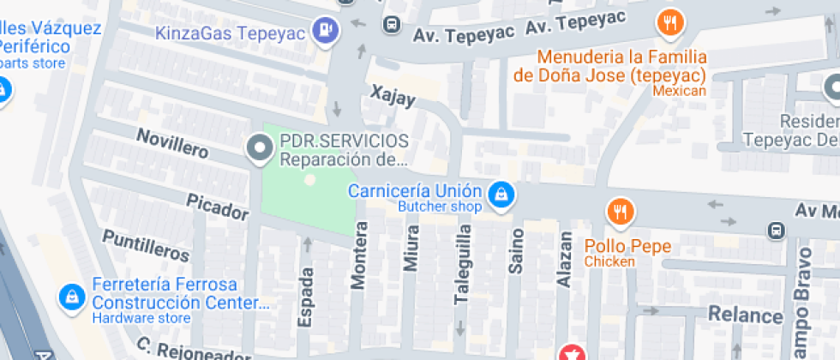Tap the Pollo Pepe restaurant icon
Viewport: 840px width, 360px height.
coord(620,211)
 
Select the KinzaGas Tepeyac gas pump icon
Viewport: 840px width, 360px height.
coord(327,31)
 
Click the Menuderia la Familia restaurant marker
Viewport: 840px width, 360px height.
coord(670,23)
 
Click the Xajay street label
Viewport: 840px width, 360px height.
coord(393,96)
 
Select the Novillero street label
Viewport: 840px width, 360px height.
coord(172,143)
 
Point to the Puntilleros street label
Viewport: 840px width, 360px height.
coord(146,246)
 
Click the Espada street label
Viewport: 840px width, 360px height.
coord(305,296)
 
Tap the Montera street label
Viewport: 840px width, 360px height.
coord(359,255)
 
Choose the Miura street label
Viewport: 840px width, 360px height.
coord(411,249)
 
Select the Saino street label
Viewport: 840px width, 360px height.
coord(515,251)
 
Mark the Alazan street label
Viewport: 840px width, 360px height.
coord(564,257)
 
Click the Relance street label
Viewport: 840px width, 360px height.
coord(744,315)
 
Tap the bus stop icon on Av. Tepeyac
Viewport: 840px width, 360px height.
coord(391,25)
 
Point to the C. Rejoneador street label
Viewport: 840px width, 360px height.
coord(194,350)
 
